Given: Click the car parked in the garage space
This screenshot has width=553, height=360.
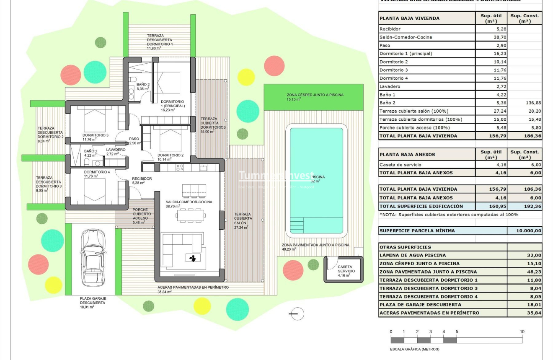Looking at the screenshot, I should click(93, 258).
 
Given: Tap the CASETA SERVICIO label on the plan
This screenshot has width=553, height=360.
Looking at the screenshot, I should click(346, 269).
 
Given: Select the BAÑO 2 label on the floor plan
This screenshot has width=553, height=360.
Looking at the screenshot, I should click(143, 86).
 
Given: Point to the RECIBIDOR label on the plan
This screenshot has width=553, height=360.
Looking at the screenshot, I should click(142, 179).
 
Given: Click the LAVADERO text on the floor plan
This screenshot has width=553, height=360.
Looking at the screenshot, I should click(116, 150).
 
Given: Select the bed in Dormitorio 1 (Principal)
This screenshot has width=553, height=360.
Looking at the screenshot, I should click(168, 82).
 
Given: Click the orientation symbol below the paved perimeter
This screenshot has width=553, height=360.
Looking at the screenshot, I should click(297, 314).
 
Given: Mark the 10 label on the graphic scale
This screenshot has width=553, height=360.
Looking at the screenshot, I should click(522, 332).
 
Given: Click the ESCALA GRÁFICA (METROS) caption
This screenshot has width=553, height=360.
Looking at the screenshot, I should click(414, 349).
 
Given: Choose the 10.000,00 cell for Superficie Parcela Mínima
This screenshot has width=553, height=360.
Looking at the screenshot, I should click(524, 231).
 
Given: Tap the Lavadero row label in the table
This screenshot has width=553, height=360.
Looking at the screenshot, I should click(390, 86).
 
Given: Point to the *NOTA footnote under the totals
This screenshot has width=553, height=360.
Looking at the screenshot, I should click(449, 215).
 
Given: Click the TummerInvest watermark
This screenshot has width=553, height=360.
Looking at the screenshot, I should click(276, 176).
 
